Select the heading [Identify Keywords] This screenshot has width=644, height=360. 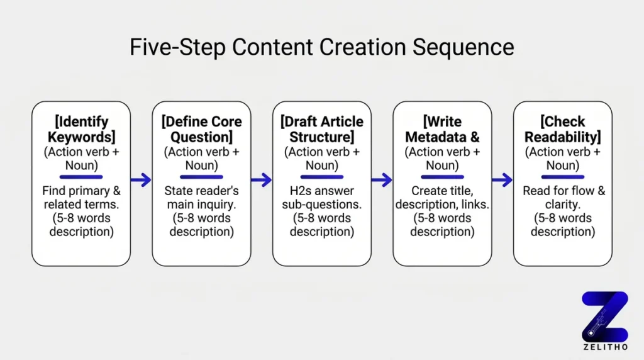tap(81, 129)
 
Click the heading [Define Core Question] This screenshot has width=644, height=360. tap(201, 129)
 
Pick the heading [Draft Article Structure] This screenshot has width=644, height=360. tap(322, 129)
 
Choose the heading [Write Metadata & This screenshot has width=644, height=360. tap(442, 129)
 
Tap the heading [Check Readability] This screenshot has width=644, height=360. tap(563, 129)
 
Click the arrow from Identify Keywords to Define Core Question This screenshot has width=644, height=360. tap(142, 180)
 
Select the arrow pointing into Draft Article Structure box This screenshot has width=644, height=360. tap(262, 180)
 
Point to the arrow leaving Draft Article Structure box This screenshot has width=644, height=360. tap(382, 180)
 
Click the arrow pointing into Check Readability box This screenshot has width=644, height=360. tap(502, 180)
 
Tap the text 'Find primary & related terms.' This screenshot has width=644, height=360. tap(81, 198)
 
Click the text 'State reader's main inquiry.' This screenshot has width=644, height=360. tap(201, 198)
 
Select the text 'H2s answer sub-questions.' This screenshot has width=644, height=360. tap(322, 198)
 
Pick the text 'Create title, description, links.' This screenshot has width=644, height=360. tap(442, 198)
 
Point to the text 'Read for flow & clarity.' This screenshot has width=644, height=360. tap(563, 198)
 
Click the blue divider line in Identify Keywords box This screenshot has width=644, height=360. tap(81, 177)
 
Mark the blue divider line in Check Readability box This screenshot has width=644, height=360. tap(563, 177)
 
